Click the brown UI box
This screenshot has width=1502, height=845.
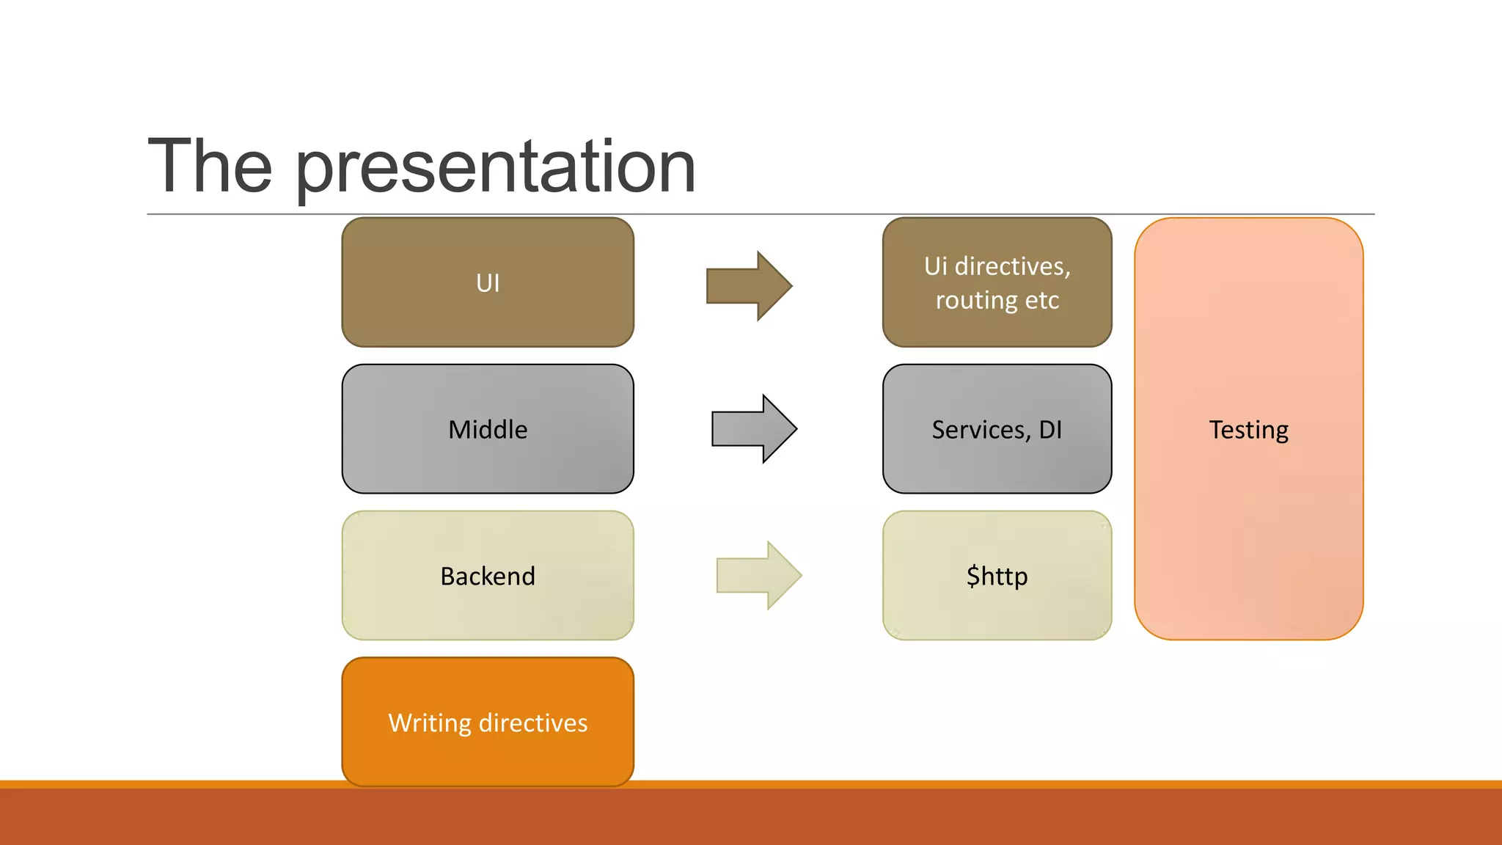[x=488, y=282]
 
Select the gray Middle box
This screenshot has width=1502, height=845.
[x=488, y=429]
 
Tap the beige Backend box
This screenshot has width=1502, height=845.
[x=488, y=576]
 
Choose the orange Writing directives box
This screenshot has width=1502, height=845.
[x=488, y=723]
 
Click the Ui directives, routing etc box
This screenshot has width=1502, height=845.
[x=997, y=282]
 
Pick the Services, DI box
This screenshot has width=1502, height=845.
[x=997, y=429]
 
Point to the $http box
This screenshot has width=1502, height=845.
[x=997, y=576]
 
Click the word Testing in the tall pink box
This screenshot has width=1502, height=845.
[x=1248, y=430]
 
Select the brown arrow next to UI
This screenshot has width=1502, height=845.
[x=749, y=286]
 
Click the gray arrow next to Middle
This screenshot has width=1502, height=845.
[x=754, y=429]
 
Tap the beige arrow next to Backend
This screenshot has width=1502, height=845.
[x=758, y=576]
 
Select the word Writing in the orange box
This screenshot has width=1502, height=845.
[x=430, y=723]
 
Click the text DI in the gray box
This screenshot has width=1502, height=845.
[x=1050, y=430]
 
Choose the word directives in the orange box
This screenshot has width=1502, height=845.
[x=533, y=723]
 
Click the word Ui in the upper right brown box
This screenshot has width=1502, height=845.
[x=935, y=266]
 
